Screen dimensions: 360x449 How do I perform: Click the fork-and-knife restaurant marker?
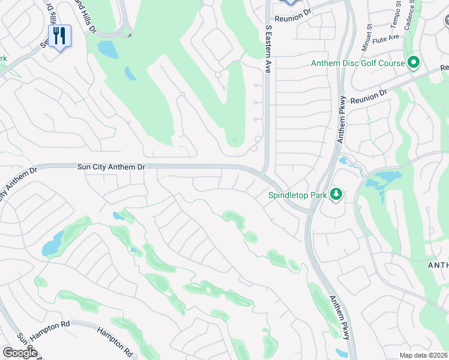coord(59,36)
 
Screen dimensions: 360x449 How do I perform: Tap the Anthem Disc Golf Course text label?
coord(357,63)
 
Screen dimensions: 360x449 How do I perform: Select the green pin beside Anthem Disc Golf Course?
coord(413,62)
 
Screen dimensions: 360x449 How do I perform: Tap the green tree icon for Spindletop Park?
coord(337,194)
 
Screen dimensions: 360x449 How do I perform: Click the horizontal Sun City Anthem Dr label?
coord(112,167)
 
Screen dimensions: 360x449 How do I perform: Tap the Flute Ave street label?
coord(385,37)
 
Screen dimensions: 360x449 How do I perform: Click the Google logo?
coord(20,352)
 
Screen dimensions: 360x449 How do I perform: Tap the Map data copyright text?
coord(423,355)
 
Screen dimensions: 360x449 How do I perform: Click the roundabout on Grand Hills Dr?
coord(126,32)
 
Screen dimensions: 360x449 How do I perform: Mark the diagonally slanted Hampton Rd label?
coord(115,339)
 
